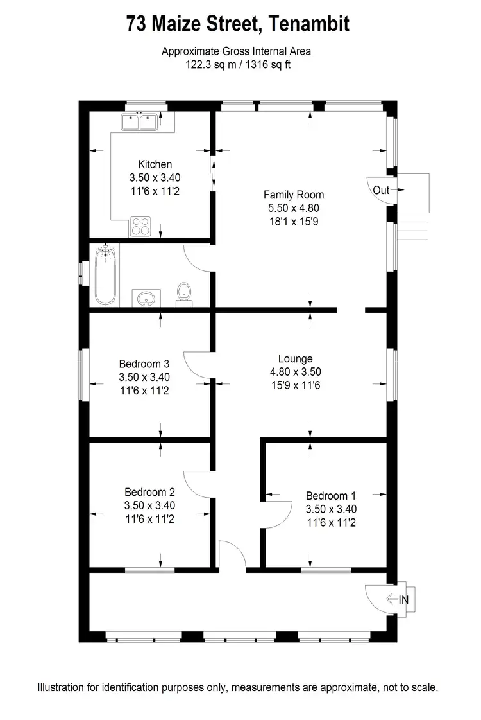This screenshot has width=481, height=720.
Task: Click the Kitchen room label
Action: pos(155,164)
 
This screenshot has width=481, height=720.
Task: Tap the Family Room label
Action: pos(294,195)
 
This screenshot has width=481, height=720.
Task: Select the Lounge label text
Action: pos(295,359)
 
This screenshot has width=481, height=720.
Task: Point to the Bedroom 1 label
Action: pos(330,496)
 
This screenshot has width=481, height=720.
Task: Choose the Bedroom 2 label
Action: pos(149,492)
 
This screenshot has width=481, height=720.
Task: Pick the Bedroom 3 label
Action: pos(144,364)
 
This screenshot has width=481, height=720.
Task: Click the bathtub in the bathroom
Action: pos(105,276)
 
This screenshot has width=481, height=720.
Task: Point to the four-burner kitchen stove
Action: pos(140,226)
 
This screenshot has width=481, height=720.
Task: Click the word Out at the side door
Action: pos(381,190)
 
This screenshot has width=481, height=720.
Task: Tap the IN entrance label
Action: pos(403,600)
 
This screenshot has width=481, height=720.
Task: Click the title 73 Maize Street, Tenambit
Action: pos(238,25)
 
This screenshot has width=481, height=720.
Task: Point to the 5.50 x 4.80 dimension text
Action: pos(294,208)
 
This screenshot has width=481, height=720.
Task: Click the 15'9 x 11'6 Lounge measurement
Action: pos(295,385)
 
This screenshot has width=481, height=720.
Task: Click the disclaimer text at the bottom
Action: pos(238,687)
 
